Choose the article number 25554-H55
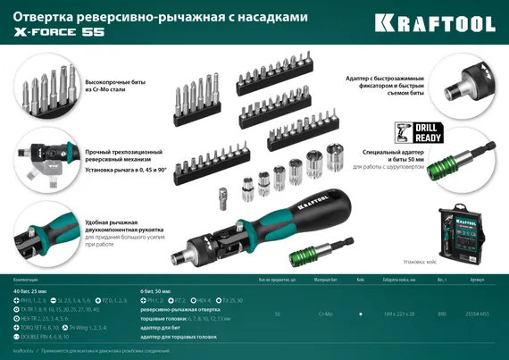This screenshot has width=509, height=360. [477, 315]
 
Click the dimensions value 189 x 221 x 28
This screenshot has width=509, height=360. [398, 315]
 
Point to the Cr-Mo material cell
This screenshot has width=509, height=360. [322, 315]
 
